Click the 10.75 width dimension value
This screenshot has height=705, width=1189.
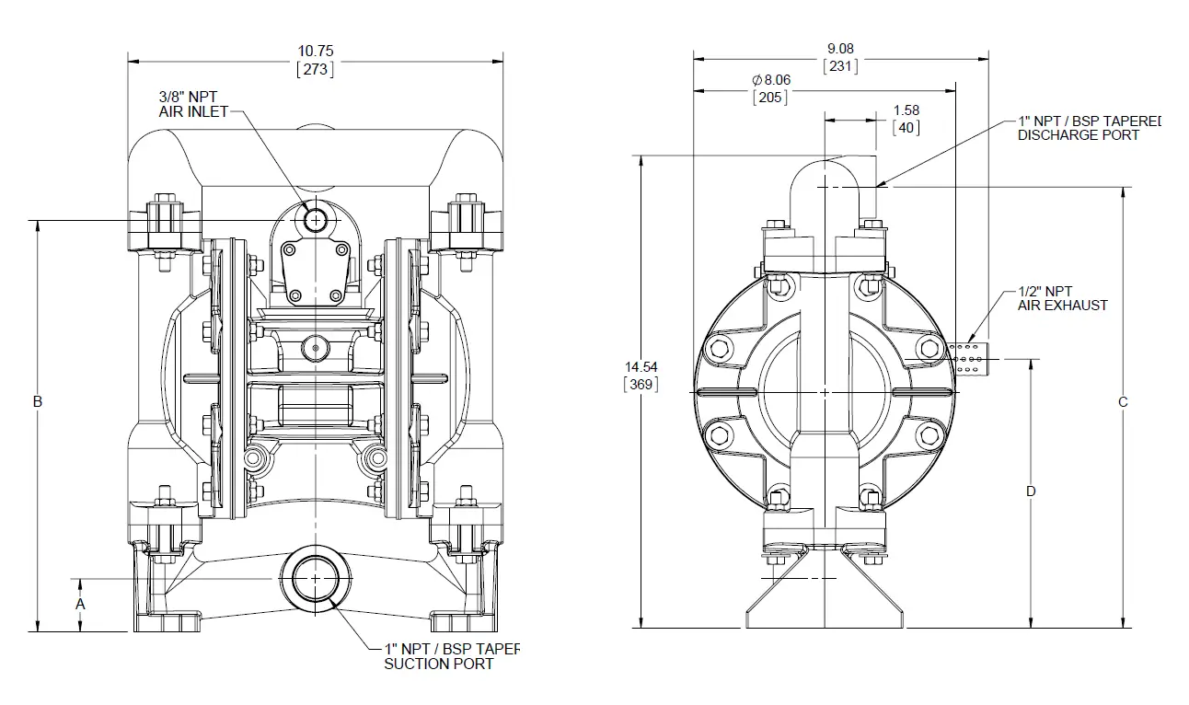[x=315, y=52]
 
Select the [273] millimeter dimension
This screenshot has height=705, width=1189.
[x=315, y=69]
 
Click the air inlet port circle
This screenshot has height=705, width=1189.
[x=316, y=220]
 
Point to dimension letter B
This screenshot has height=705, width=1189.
[x=38, y=401]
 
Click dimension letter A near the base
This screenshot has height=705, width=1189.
[x=80, y=605]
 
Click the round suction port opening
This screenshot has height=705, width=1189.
[x=316, y=578]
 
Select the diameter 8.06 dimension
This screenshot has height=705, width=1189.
[x=771, y=80]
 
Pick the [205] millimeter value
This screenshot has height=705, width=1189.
[x=770, y=98]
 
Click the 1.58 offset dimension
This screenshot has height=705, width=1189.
[x=906, y=110]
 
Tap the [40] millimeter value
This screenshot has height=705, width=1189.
[x=906, y=128]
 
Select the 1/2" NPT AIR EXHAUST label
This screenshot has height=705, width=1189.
[x=1063, y=298]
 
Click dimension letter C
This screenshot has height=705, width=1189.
[x=1123, y=402]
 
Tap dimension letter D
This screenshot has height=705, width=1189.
[x=1031, y=491]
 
